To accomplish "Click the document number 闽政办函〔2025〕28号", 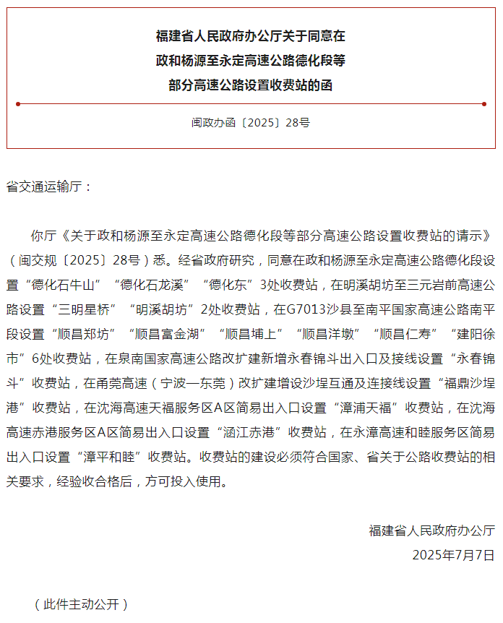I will pos(251,123).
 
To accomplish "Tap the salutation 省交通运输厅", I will pos(50,186).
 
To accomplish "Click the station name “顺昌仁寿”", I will pos(408,334).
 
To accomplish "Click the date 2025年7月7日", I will pos(453,555).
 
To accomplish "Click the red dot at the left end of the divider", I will pos(18,104).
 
